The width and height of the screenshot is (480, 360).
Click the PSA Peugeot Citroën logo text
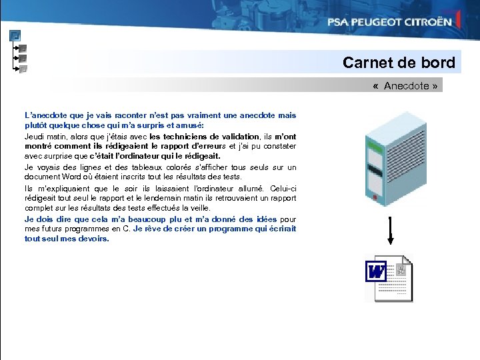pyautogui.click(x=389, y=21)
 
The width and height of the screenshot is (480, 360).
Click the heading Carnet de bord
pyautogui.click(x=399, y=63)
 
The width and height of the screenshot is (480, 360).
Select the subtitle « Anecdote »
pyautogui.click(x=406, y=86)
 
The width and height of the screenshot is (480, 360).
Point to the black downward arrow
pyautogui.click(x=389, y=231)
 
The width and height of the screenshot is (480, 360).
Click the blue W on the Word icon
pyautogui.click(x=376, y=271)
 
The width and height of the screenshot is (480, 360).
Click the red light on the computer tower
pyautogui.click(x=376, y=197)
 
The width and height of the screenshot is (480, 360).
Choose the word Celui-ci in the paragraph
pyautogui.click(x=283, y=188)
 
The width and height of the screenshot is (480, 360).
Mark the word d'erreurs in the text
pyautogui.click(x=209, y=146)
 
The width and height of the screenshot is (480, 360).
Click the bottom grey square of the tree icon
pyautogui.click(x=23, y=68)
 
